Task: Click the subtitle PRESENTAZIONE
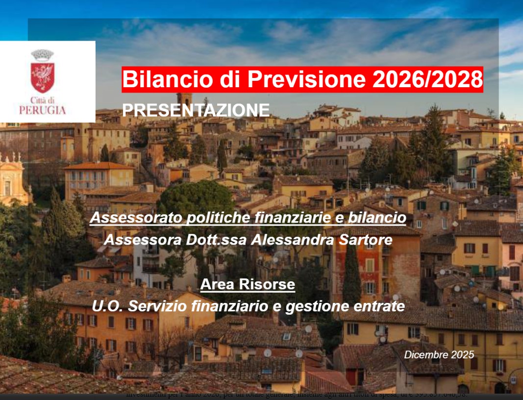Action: point(196,110)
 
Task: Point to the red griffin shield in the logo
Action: point(43,77)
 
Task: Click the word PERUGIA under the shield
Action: point(43,111)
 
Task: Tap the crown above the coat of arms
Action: point(43,54)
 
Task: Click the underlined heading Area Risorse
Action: point(248,284)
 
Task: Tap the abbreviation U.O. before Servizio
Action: point(105,306)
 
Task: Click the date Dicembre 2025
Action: point(439,354)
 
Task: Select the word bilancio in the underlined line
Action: point(377,218)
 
